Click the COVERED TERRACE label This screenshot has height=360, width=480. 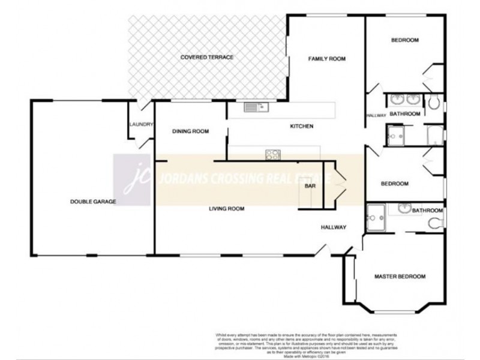[x=206, y=57]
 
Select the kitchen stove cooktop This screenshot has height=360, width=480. [x=272, y=154]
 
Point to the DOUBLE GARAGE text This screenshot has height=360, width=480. [x=92, y=202]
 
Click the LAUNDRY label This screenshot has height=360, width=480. [x=142, y=125]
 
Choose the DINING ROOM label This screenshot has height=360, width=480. [x=190, y=131]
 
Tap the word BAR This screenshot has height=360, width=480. [x=310, y=187]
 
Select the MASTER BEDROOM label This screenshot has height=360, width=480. [x=400, y=277]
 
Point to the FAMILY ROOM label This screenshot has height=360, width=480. [x=328, y=59]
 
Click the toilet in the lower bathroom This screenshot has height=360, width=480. [x=436, y=224]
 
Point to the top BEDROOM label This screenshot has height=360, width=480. [x=404, y=40]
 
